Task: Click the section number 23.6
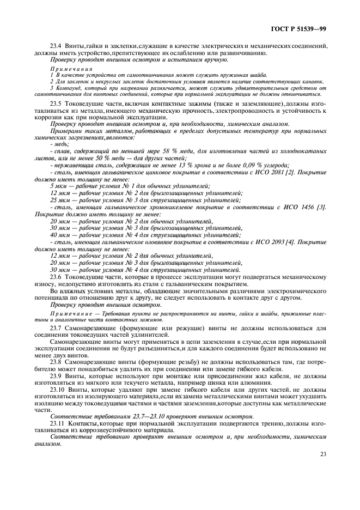57,277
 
